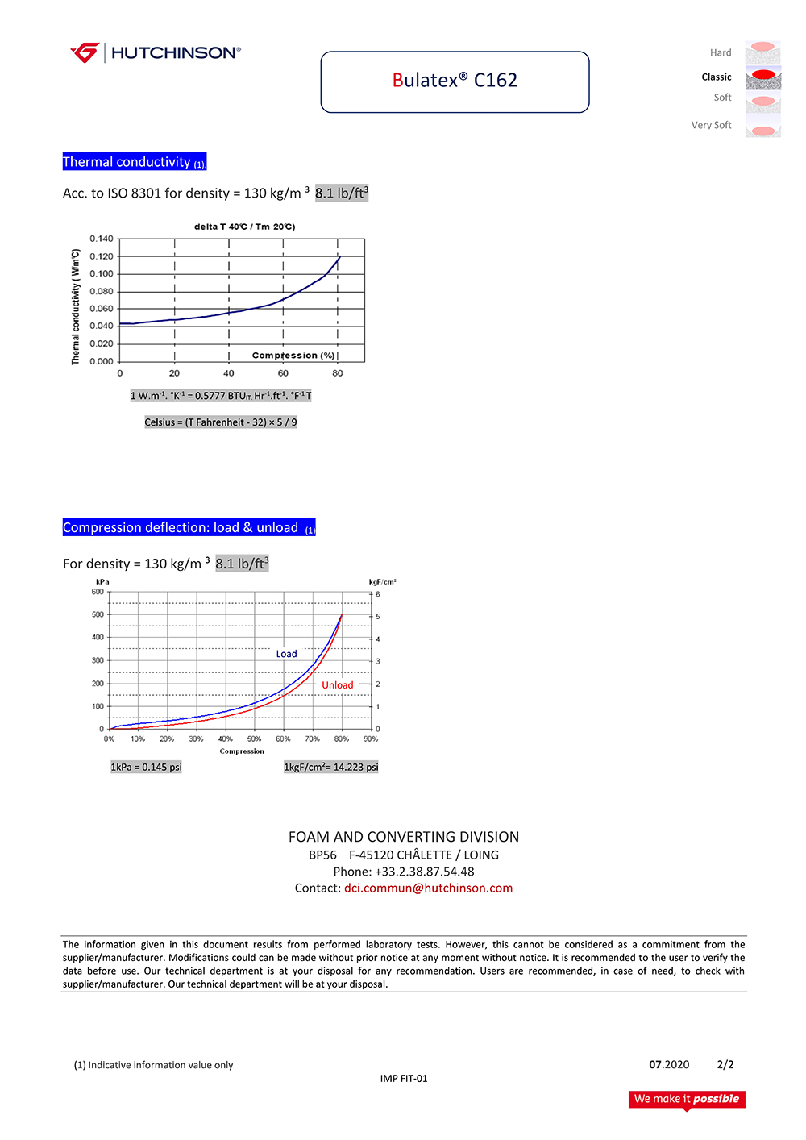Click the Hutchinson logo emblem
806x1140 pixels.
pos(85,52)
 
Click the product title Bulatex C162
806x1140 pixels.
pos(455,81)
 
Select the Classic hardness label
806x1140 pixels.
pos(716,77)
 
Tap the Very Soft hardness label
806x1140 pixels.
pos(711,125)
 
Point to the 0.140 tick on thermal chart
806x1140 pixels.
pos(102,239)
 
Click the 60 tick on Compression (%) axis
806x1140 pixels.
pos(283,373)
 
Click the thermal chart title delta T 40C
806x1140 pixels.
pos(244,227)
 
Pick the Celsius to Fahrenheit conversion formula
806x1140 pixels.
pos(221,422)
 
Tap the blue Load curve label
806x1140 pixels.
pos(286,654)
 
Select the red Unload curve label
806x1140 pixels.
pos(337,685)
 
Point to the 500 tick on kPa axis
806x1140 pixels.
pos(98,614)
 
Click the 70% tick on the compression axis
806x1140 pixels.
pos(312,739)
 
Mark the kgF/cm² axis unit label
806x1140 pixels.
pos(382,581)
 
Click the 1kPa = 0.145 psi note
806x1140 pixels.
pos(146,768)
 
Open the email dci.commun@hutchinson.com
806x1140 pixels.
pos(428,888)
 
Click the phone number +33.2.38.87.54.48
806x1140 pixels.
pos(424,872)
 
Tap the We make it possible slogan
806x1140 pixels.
pos(687,1099)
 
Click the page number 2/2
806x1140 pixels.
pos(725,1065)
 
